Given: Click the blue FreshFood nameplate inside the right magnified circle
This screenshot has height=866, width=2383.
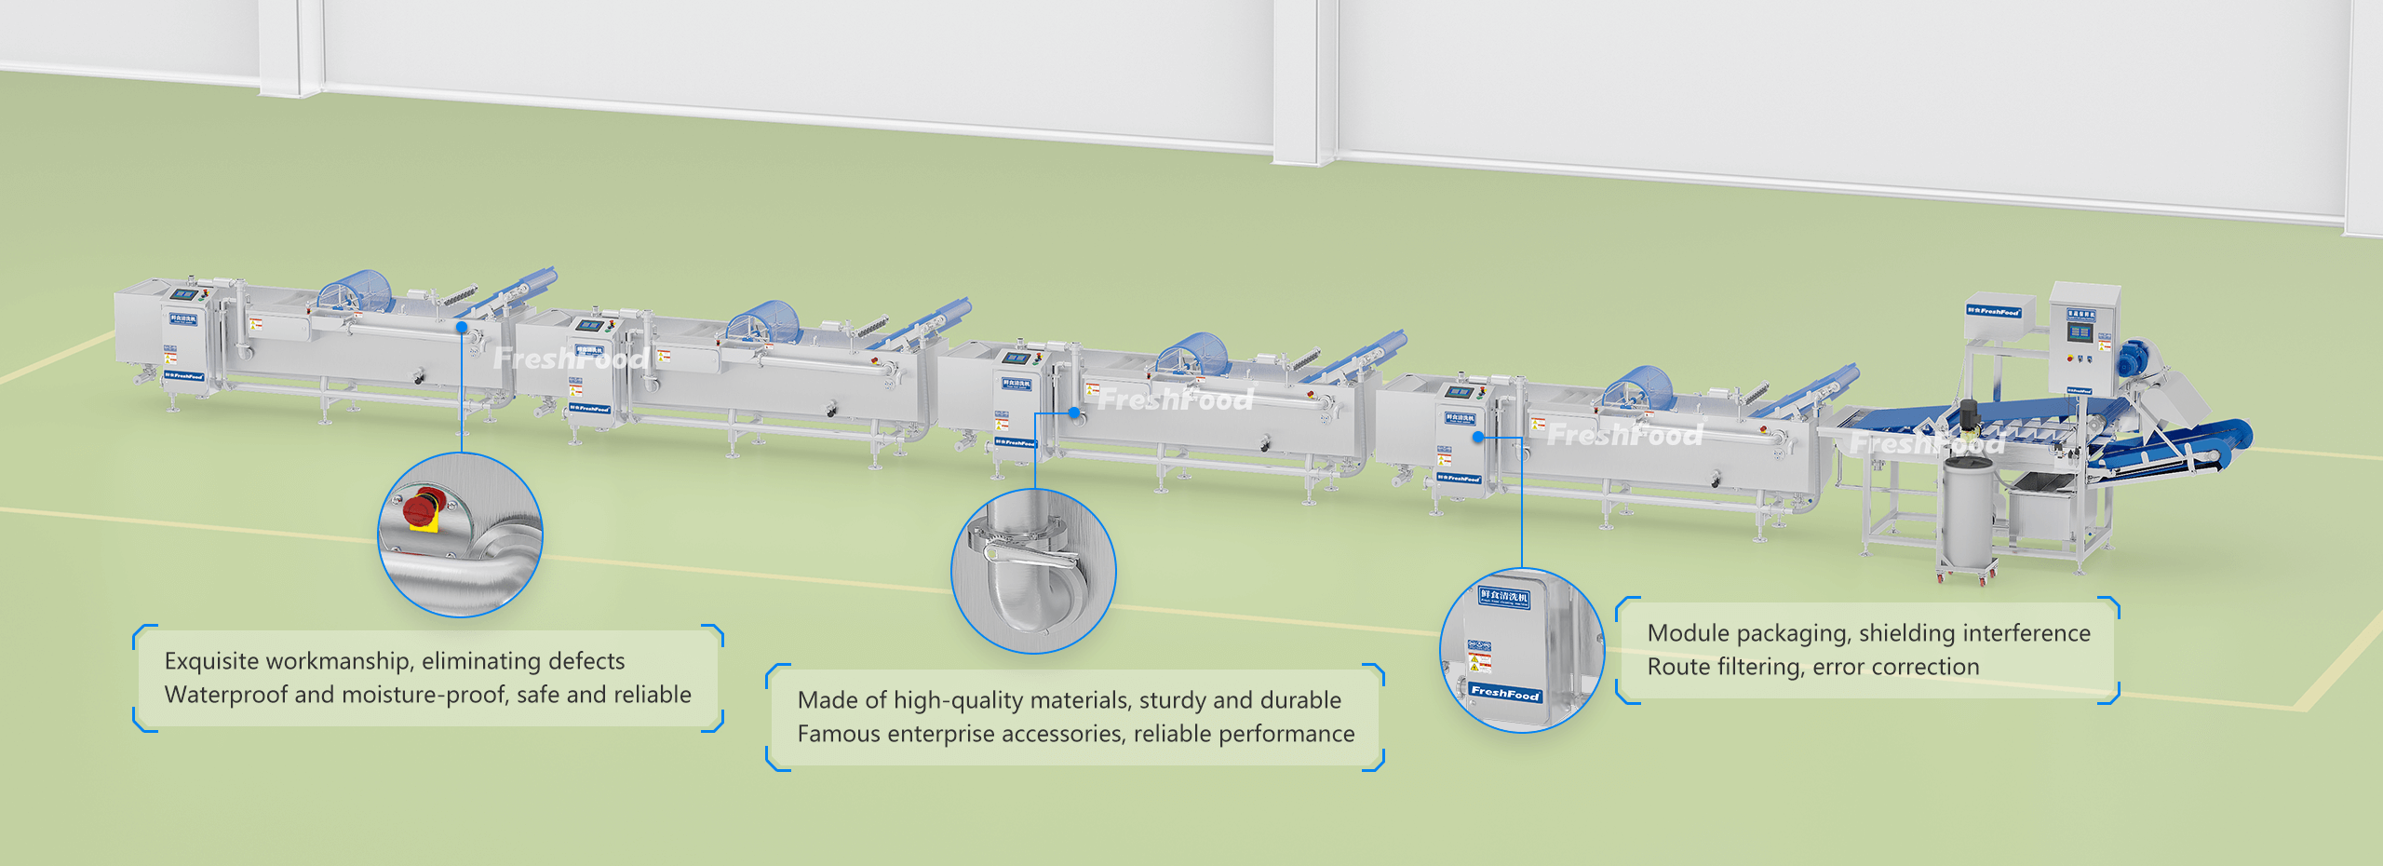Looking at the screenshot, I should pos(1505,693).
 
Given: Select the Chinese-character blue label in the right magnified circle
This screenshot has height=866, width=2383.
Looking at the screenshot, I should pos(1504,597).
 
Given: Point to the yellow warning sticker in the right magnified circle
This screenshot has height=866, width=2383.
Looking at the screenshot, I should pos(1479,662).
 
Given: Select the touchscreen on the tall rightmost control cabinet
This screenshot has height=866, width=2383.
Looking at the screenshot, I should pos(2080,333).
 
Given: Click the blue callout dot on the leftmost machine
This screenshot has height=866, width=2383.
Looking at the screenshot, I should pos(462,327).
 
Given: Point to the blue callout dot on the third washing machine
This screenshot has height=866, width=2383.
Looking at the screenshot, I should pos(1073,413).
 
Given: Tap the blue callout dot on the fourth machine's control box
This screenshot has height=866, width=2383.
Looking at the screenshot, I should pos(1478,437).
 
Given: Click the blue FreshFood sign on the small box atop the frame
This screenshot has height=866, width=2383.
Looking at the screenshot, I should pos(1993,311).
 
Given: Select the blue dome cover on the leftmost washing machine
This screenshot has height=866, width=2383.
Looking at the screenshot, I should pos(351,291).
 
